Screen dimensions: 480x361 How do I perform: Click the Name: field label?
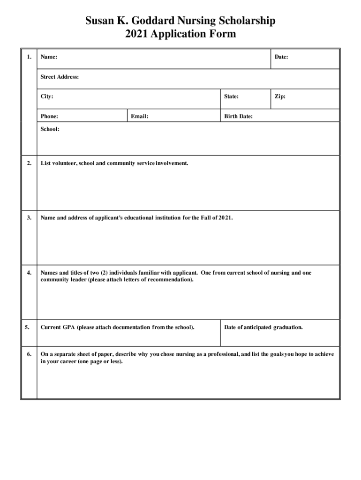[49, 57]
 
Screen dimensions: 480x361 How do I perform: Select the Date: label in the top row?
[281, 57]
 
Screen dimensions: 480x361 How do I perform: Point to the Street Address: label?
[60, 77]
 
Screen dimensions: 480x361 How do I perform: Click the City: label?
[47, 97]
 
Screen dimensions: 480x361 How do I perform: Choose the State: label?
[231, 97]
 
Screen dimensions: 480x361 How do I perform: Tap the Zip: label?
[280, 97]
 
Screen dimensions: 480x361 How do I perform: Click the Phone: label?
[49, 116]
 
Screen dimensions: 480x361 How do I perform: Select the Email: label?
[140, 116]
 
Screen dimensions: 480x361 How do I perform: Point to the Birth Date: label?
[238, 116]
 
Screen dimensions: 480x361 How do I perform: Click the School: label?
[50, 129]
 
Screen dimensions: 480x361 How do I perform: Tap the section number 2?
[29, 163]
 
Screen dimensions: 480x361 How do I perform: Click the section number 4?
[29, 272]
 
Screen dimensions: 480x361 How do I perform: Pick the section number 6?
[29, 354]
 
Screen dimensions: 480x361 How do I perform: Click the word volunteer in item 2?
[64, 163]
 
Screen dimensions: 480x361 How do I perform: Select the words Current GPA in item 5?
[57, 327]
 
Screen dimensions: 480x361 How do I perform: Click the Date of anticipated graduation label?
[263, 327]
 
